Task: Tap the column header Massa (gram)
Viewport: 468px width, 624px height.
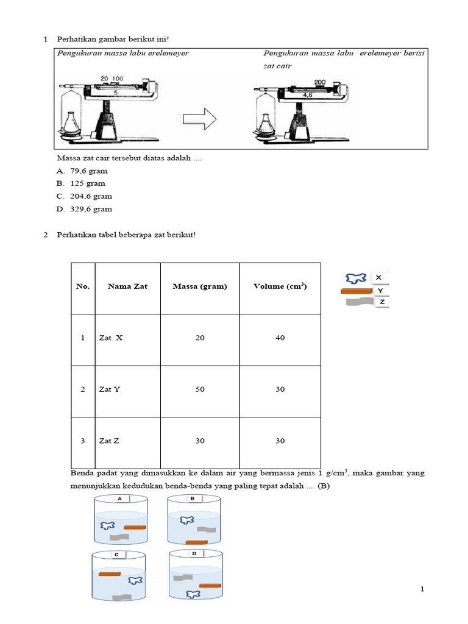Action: point(200,286)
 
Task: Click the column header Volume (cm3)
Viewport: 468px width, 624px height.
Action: point(280,286)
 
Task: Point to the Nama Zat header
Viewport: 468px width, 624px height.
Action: point(127,286)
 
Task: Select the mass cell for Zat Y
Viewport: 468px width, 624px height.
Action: point(200,389)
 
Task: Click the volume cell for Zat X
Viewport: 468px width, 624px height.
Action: point(280,338)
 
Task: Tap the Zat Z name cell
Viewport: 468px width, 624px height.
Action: point(109,441)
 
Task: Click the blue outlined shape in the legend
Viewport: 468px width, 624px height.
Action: point(355,278)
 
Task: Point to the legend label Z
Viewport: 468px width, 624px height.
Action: point(381,302)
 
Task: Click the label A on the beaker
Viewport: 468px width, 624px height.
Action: point(119,498)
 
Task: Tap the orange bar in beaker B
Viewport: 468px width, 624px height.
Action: point(196,542)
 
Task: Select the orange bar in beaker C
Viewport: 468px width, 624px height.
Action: point(109,574)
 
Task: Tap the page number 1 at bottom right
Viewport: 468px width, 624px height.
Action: point(422,589)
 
